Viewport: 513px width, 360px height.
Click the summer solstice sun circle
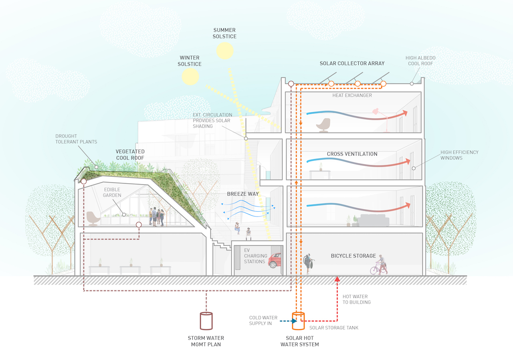point(225,51)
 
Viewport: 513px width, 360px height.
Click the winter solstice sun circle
point(190,77)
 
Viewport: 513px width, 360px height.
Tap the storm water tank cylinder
point(206,321)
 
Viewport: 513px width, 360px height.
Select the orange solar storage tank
point(298,321)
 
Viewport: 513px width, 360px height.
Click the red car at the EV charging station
point(275,261)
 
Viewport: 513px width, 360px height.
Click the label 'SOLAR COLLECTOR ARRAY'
point(352,63)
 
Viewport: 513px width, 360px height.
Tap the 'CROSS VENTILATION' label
point(352,154)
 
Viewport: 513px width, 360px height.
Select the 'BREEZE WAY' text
point(243,194)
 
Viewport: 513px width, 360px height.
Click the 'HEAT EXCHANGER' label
point(352,95)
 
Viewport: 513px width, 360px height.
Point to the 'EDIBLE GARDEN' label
point(112,192)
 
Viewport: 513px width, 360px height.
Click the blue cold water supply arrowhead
point(295,321)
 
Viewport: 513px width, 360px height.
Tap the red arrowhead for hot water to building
point(337,279)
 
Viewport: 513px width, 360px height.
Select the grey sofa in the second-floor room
point(373,220)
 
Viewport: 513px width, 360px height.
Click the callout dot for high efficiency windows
point(414,168)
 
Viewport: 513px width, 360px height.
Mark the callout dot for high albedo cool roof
point(412,84)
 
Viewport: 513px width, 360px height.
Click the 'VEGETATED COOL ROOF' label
point(130,155)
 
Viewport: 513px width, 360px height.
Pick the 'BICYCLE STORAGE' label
point(353,256)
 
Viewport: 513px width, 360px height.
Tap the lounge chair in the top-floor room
point(323,125)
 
